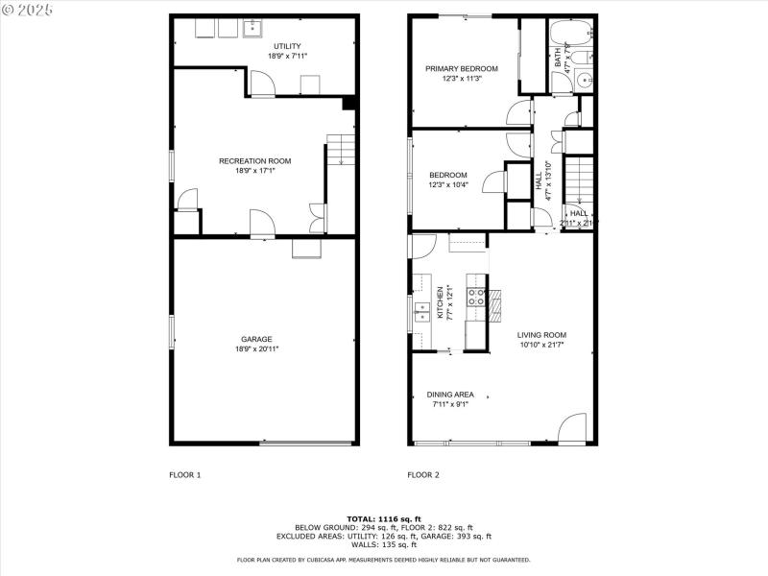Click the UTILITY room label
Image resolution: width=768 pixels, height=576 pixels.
point(287,46)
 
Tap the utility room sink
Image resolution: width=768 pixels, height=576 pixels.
point(252,28)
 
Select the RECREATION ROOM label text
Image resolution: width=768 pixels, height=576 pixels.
point(255,160)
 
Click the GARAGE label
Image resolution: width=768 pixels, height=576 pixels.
point(256,339)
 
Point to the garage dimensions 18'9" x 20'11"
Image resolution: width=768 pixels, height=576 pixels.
point(256,349)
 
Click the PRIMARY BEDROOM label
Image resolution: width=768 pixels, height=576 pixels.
point(463,68)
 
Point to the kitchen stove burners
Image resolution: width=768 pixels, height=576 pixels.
point(476,296)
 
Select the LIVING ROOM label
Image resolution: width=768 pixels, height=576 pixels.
point(541,335)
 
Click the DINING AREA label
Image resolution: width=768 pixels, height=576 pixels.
point(451,395)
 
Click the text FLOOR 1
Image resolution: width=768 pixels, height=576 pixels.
point(185,475)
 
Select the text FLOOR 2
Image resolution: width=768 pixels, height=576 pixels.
point(423,475)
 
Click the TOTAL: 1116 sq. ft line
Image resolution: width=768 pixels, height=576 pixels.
point(384,518)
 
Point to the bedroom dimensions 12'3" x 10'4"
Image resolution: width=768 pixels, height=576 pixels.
point(448,184)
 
